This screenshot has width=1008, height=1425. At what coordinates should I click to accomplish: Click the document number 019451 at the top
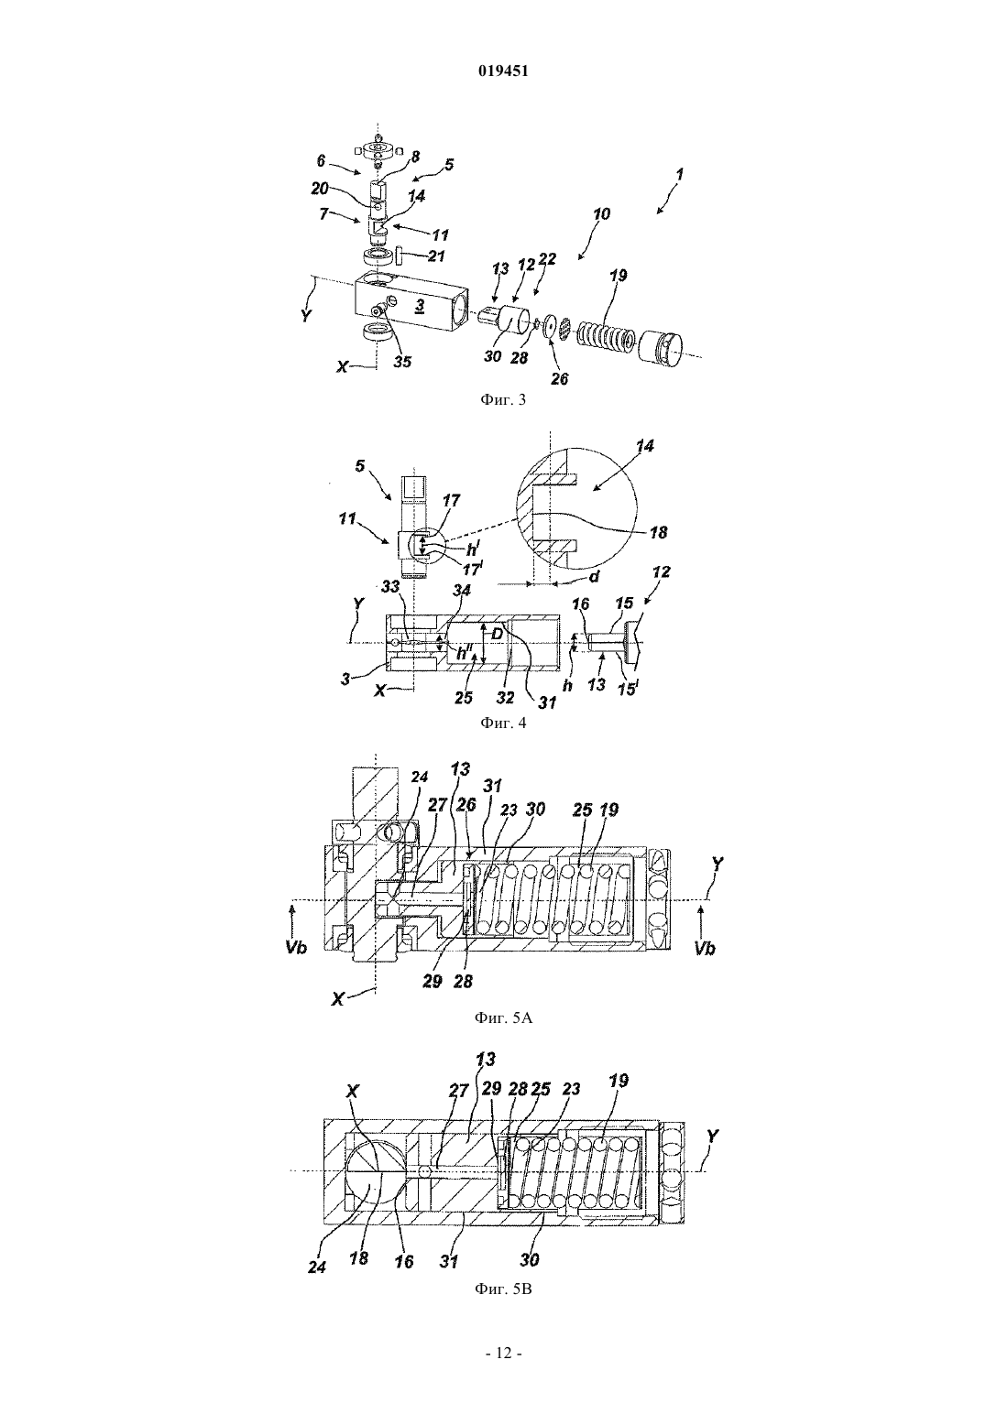503,71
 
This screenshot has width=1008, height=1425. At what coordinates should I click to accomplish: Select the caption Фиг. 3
503,399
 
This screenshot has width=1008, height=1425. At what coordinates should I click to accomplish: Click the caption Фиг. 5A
503,1017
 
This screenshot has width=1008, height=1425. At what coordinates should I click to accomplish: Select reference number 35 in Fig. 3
402,362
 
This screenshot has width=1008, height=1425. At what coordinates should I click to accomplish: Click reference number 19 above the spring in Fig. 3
618,275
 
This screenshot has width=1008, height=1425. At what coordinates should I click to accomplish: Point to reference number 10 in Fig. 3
601,213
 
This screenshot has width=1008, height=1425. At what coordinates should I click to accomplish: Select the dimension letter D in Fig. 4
498,634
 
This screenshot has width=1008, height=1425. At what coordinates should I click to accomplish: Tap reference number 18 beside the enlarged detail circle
658,532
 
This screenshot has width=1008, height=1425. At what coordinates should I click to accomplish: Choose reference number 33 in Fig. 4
389,589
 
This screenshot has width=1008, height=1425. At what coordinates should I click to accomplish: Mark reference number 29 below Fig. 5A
433,981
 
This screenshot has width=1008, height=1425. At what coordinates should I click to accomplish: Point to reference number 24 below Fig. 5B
316,1267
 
